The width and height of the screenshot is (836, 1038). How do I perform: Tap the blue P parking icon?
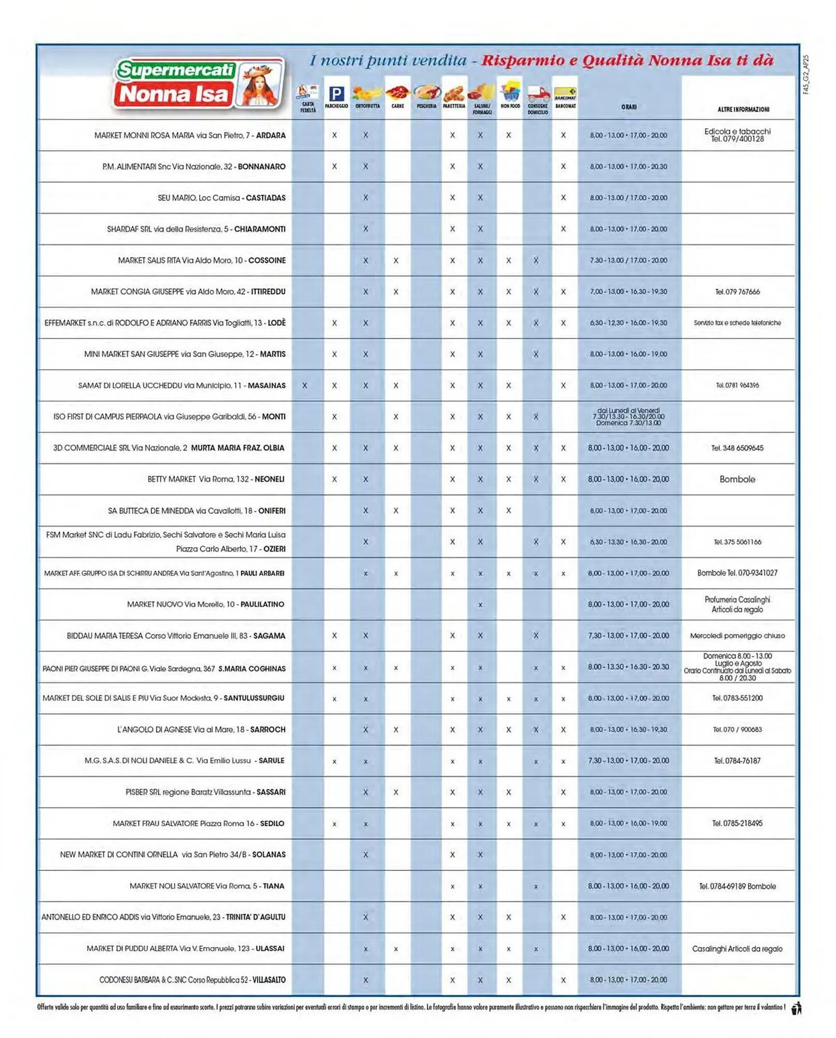pos(337,94)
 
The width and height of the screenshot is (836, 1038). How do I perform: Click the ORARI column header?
pos(629,107)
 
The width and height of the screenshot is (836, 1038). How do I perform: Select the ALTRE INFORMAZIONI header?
pos(743,110)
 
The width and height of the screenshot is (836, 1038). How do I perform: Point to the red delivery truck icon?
pos(538,94)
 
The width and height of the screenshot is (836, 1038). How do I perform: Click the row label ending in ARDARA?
pos(190,135)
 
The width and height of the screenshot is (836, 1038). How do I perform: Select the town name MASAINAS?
pos(267,386)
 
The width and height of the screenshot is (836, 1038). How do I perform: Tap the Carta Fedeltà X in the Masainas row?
pos(304,386)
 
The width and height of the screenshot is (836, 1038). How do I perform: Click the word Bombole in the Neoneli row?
pos(737,480)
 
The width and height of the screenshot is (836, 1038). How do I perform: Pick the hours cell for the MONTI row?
pos(628,417)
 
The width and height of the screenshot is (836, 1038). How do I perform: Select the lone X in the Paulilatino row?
pos(480,605)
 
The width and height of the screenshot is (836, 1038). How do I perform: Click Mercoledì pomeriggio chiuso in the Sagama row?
pos(737,636)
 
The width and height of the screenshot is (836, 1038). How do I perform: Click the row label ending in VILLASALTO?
pos(192,980)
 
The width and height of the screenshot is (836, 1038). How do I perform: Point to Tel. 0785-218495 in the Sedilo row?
pos(737,824)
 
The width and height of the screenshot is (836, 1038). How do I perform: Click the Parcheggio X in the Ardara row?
pos(335,135)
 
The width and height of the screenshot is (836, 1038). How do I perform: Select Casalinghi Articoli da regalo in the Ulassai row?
pos(737,949)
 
